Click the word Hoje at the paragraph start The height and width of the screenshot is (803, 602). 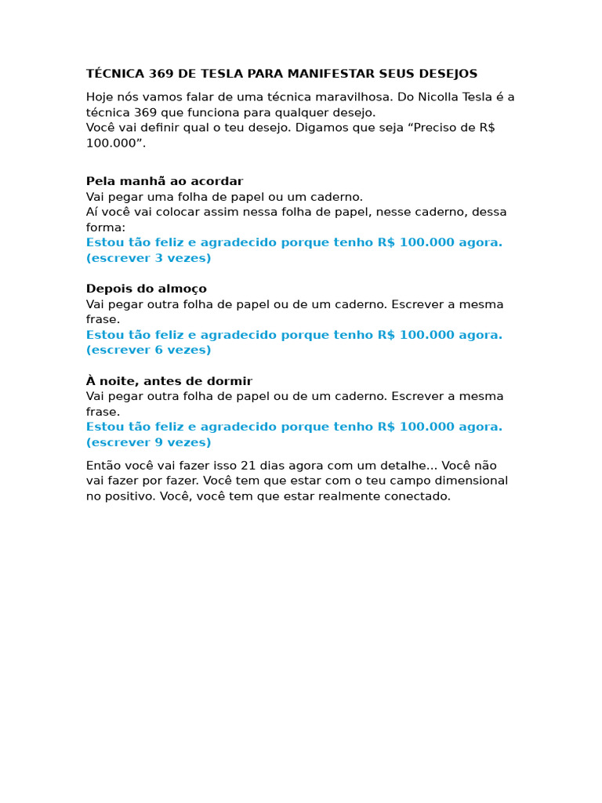coord(100,97)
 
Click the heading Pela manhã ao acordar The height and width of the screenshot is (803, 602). coord(165,182)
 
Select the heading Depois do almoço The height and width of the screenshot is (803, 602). coord(147,289)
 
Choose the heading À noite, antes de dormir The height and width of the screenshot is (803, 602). coord(169,381)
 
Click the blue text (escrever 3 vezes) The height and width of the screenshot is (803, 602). coord(149,258)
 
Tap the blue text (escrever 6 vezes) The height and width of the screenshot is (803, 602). coord(149,351)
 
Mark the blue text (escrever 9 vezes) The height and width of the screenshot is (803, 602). coord(149,442)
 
